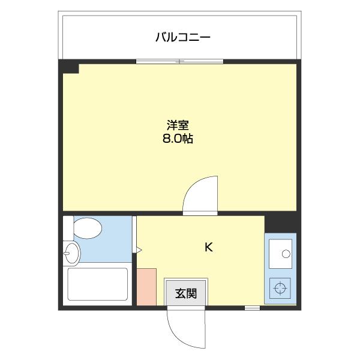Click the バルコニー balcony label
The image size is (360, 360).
pyautogui.click(x=182, y=37)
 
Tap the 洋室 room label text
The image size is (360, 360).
pyautogui.click(x=178, y=126)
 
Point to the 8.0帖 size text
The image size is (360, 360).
pyautogui.click(x=178, y=139)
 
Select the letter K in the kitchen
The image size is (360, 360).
pyautogui.click(x=208, y=247)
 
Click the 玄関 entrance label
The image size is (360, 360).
pyautogui.click(x=186, y=293)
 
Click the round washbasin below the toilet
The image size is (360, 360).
pyautogui.click(x=71, y=253)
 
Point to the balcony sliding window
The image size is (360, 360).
pyautogui.click(x=179, y=61)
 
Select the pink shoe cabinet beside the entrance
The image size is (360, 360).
pyautogui.click(x=146, y=287)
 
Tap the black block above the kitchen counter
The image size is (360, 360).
pyautogui.click(x=281, y=222)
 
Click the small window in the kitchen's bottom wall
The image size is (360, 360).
pyautogui.click(x=252, y=308)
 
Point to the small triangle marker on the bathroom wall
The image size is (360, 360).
pyautogui.click(x=138, y=249)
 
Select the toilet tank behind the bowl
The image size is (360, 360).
pyautogui.click(x=68, y=229)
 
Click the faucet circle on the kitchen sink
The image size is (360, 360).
pyautogui.click(x=288, y=251)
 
